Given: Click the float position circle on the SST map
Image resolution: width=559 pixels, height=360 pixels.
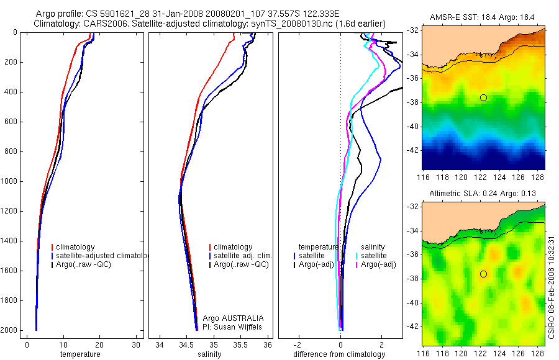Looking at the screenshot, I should [x=483, y=97].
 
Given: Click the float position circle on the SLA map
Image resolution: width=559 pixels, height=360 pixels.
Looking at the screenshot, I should [x=483, y=274].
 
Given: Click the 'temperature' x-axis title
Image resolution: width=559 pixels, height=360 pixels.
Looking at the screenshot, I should [x=80, y=354].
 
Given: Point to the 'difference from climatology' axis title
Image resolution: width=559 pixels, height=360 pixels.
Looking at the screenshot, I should [x=339, y=354].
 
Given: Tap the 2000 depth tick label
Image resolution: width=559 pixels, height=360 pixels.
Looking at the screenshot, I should [x=9, y=330].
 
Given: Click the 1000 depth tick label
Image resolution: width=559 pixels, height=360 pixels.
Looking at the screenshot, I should [x=9, y=182].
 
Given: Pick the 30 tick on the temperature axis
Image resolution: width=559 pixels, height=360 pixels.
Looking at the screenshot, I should [x=136, y=344].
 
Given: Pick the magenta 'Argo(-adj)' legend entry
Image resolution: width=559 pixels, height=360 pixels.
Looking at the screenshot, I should [x=379, y=264].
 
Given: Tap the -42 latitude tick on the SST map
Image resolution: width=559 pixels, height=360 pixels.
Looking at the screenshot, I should [x=411, y=150].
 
